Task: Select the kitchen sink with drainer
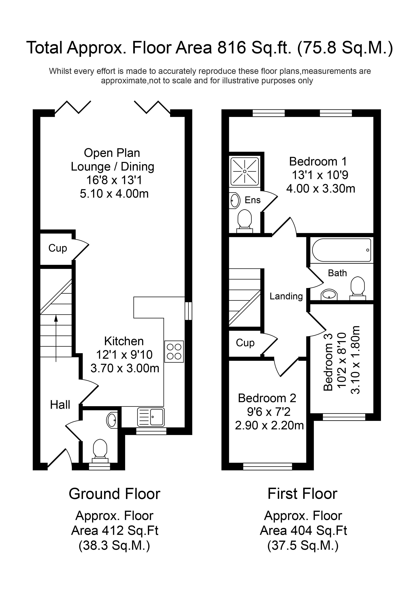[151, 417]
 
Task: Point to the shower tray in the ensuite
[244, 171]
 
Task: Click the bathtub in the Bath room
[342, 250]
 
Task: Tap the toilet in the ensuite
[244, 220]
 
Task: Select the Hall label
[60, 405]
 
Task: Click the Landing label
[286, 296]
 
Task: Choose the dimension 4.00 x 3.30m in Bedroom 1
[321, 189]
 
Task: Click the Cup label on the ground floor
[58, 248]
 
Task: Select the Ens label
[252, 200]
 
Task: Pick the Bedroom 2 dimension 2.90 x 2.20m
[269, 425]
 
